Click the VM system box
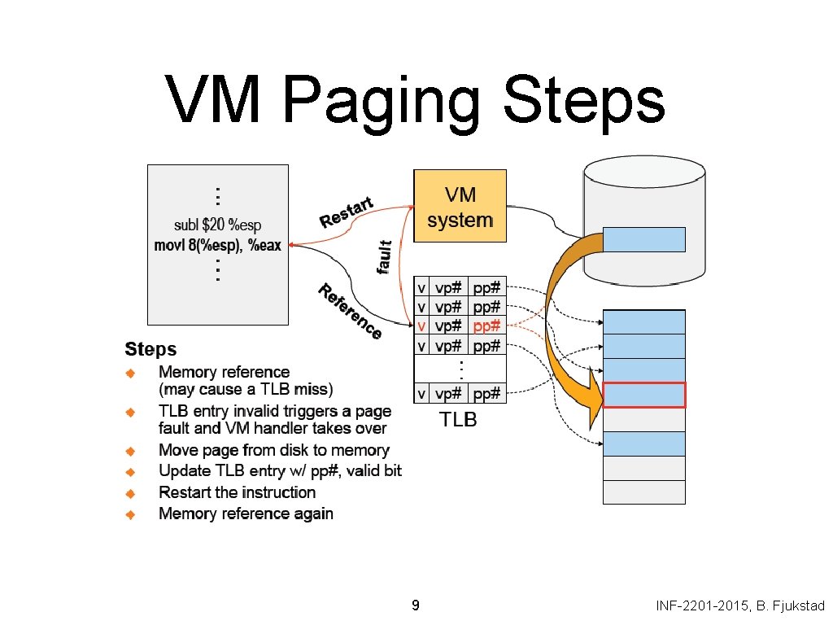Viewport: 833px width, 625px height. tap(460, 206)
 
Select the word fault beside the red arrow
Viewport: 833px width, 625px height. tap(386, 256)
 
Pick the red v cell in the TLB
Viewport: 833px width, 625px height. tap(421, 326)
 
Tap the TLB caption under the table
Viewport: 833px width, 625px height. tap(459, 421)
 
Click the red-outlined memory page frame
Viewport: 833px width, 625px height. tap(644, 395)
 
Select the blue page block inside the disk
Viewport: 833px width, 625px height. tap(644, 239)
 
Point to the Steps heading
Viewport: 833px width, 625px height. tap(150, 350)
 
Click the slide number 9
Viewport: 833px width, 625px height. tap(416, 605)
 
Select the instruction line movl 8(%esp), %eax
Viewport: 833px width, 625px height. tap(218, 245)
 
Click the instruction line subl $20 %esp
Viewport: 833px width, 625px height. tap(218, 225)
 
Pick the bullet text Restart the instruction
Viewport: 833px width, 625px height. tap(237, 492)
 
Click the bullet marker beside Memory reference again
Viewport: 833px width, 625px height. tap(129, 514)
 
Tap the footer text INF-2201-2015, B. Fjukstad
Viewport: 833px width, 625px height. tap(740, 605)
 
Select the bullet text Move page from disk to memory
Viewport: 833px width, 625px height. tap(274, 450)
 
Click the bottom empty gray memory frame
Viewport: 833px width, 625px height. tap(644, 492)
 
